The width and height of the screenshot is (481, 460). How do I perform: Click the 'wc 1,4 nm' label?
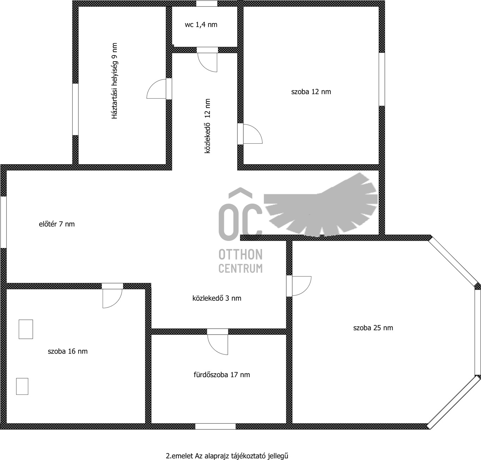pos(201,25)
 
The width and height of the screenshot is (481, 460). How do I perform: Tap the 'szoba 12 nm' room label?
pos(311,92)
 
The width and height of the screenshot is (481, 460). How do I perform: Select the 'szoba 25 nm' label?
pos(373,328)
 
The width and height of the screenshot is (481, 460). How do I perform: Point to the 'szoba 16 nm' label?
pos(68,351)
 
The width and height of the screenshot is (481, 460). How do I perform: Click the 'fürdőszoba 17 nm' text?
pos(222,374)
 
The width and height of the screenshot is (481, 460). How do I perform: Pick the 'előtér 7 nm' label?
pos(57,224)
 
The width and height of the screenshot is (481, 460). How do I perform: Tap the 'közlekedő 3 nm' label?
pos(217,298)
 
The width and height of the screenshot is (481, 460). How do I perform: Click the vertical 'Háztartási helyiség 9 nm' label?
pos(114,81)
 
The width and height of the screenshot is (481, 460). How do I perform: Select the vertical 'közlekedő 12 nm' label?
pos(207,126)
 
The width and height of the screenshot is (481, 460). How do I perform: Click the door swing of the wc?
pos(207,62)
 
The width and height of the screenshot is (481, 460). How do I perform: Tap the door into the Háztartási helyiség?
pos(156,89)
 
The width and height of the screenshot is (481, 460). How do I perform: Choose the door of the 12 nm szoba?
pos(252,134)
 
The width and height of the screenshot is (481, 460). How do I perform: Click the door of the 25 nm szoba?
pos(302,286)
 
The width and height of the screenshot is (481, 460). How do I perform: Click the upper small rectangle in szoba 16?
pos(26,329)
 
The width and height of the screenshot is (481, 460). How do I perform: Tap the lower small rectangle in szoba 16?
pos(22,386)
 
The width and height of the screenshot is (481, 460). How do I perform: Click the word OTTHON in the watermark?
pos(240,254)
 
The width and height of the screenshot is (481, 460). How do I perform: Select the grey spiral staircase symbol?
pos(321,204)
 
